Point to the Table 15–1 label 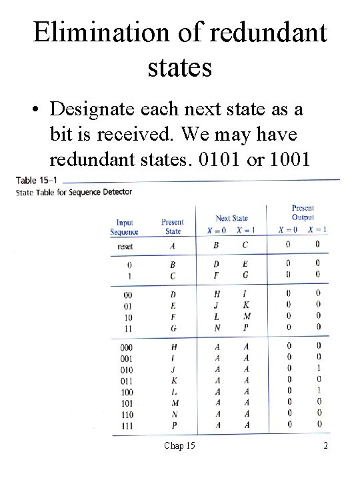[x=36, y=181]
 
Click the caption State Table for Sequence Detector [x=74, y=192]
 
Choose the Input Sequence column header [x=125, y=227]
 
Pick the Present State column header [x=173, y=227]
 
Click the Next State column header [x=231, y=218]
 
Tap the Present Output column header [x=303, y=213]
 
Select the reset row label [x=125, y=246]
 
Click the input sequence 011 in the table [x=125, y=381]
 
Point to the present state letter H [x=173, y=347]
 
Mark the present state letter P [x=173, y=425]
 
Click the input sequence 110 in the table [x=125, y=414]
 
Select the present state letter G [x=173, y=329]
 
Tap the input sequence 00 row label [x=125, y=294]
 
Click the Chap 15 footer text [x=179, y=445]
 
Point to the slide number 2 [x=325, y=445]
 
